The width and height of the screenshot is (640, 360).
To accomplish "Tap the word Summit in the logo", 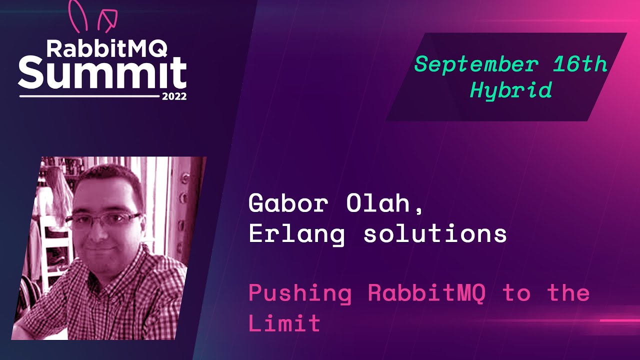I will [102, 72].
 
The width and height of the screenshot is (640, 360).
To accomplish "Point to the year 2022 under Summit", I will [174, 96].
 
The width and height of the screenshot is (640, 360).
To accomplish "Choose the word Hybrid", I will [510, 90].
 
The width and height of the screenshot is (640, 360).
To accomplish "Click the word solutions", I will [435, 233].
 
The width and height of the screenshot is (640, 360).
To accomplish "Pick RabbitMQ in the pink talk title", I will [426, 293].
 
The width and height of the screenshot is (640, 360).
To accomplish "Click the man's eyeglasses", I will [104, 219].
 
